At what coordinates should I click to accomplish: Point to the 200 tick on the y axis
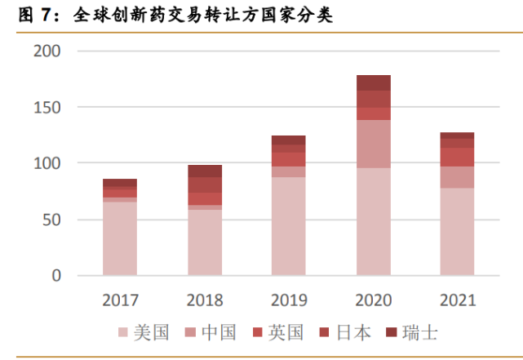click(48, 51)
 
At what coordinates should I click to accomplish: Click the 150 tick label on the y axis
click(48, 107)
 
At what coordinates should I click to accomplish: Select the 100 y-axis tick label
click(48, 163)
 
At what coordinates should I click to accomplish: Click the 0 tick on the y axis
click(56, 276)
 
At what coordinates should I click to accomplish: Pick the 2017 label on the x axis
click(120, 300)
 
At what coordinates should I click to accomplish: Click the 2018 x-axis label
click(204, 300)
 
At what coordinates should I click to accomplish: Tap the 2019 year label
click(289, 300)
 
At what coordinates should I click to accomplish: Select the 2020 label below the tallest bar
click(373, 300)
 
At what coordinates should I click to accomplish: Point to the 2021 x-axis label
click(457, 300)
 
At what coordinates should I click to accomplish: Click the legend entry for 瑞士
click(412, 332)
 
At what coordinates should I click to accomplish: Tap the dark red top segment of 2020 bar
click(373, 82)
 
